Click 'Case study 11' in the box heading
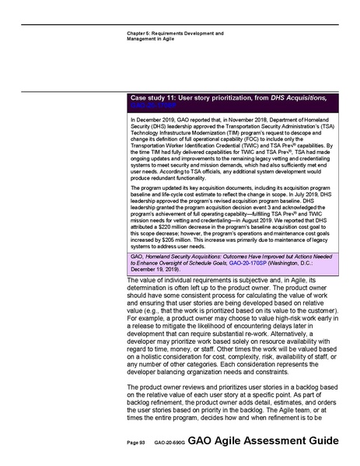point(157,98)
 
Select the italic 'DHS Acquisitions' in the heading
point(291,98)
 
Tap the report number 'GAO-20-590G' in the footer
point(168,442)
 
